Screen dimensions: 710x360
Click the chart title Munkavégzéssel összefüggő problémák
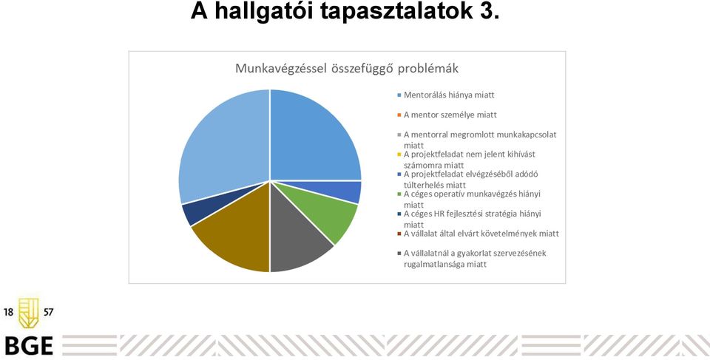click(x=347, y=69)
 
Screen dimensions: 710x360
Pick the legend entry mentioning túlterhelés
click(x=467, y=179)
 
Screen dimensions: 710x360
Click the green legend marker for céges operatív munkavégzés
click(x=399, y=194)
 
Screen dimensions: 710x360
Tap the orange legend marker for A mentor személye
click(x=399, y=115)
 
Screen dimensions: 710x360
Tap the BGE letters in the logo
click(x=29, y=346)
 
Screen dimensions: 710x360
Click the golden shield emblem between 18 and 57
click(x=29, y=313)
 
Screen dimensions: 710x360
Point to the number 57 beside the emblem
click(x=48, y=313)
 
